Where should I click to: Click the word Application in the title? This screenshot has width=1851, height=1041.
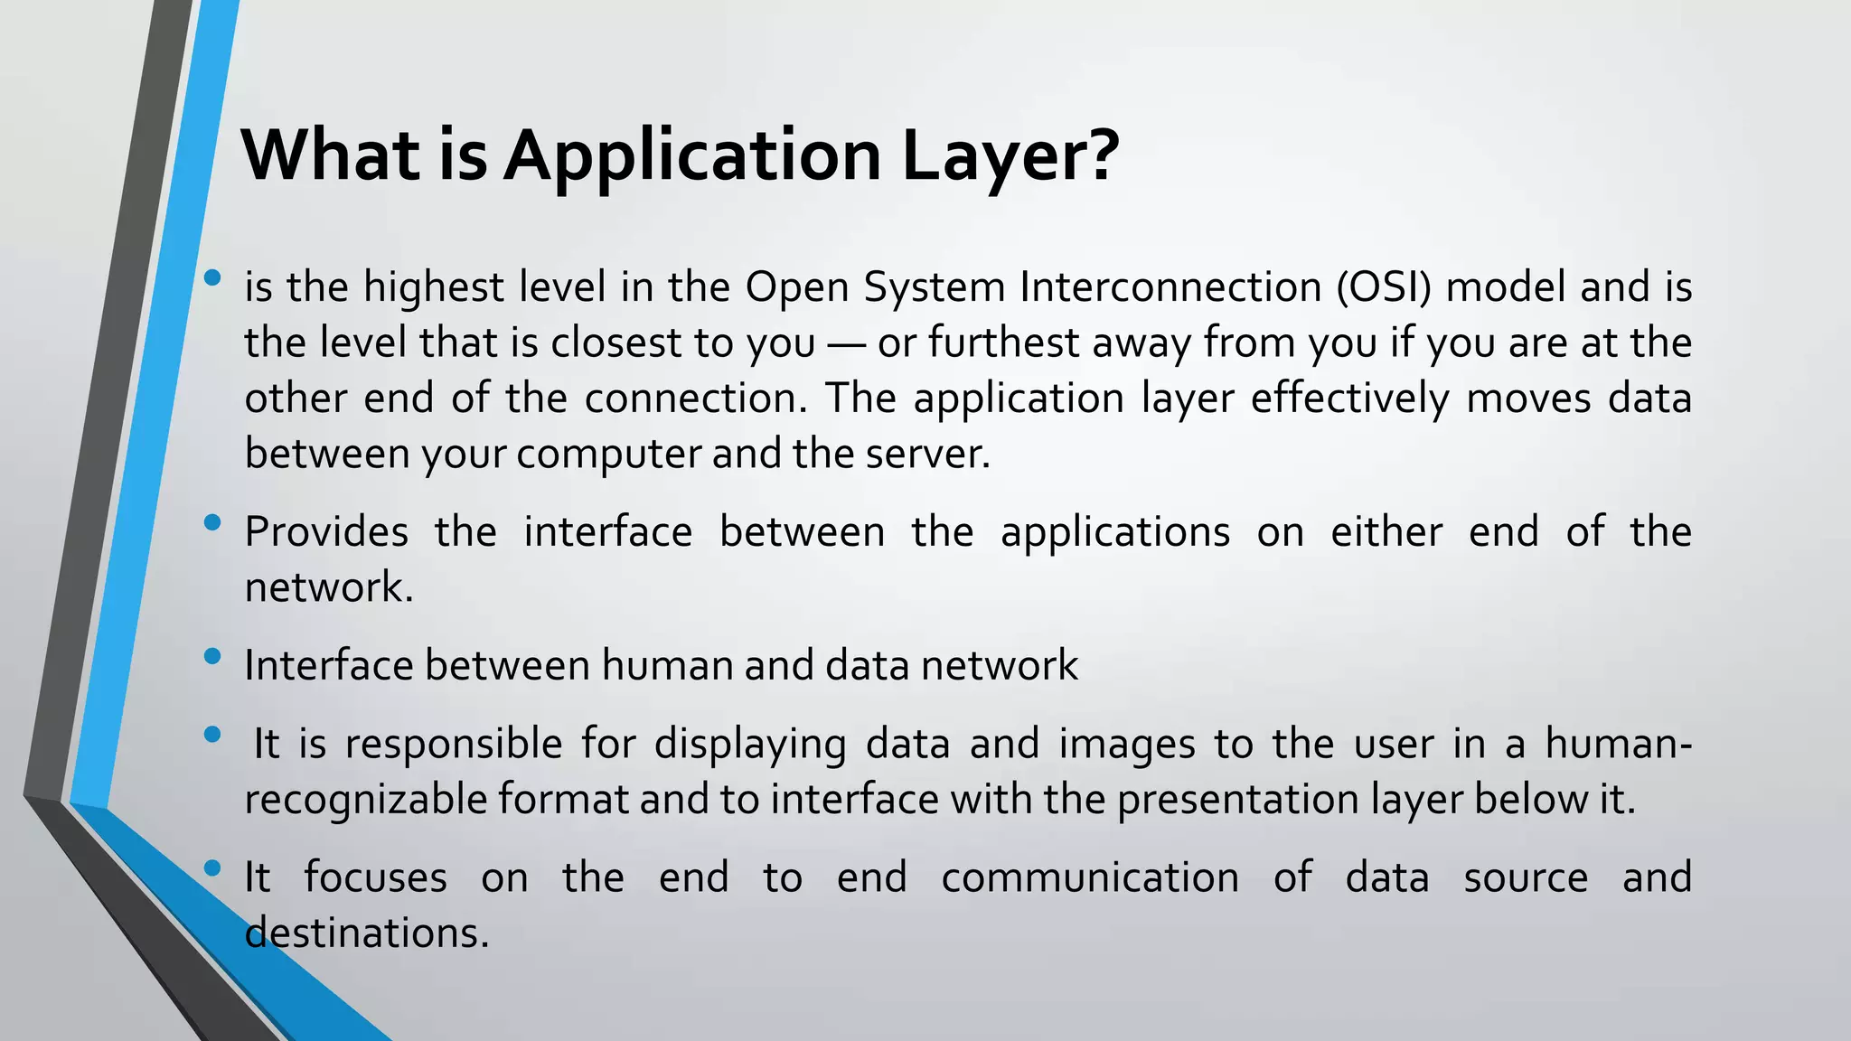(x=692, y=155)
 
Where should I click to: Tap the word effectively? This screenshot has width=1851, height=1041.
(x=1349, y=399)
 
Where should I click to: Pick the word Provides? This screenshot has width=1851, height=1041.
(x=326, y=532)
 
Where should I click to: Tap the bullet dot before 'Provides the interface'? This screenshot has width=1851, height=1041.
(x=212, y=522)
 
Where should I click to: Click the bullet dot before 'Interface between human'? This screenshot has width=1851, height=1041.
(x=212, y=656)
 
